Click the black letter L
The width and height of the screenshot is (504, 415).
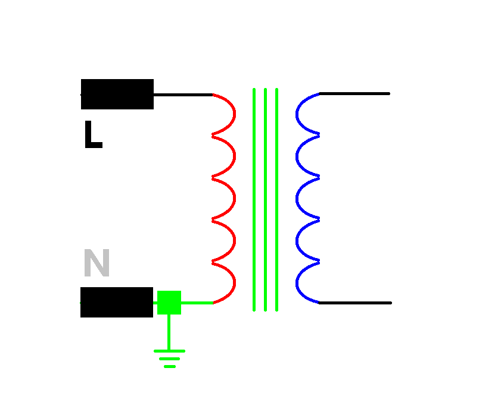click(x=92, y=136)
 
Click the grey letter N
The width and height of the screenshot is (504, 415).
click(x=97, y=263)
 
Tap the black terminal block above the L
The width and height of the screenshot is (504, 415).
click(x=117, y=94)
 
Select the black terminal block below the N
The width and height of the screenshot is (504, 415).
click(x=117, y=302)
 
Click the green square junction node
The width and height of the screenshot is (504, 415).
click(x=169, y=303)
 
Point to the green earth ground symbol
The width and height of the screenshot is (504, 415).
click(x=169, y=358)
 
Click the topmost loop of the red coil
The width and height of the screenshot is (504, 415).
click(x=232, y=114)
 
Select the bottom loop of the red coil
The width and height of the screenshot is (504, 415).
click(x=232, y=282)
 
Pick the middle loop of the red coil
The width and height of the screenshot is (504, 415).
click(x=232, y=198)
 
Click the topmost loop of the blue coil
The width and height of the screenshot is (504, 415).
click(x=299, y=114)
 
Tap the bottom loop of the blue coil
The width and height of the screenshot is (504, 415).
click(x=299, y=282)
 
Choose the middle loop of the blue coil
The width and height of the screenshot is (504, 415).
click(x=299, y=198)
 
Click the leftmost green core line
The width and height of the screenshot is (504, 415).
click(x=254, y=199)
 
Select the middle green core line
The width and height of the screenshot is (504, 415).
click(x=265, y=199)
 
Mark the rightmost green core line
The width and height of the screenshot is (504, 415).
click(x=277, y=199)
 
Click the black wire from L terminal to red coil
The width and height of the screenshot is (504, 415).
click(x=183, y=94)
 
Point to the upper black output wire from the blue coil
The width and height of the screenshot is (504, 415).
click(x=354, y=93)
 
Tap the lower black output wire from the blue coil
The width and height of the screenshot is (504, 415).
click(x=355, y=303)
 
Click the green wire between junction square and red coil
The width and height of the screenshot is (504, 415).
click(x=197, y=303)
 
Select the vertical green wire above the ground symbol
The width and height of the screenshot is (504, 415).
click(x=169, y=332)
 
